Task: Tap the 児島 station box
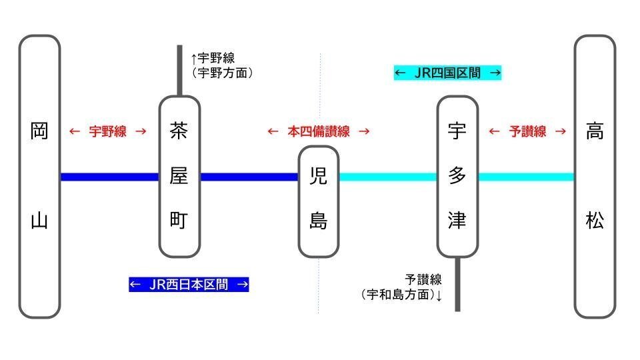click(x=318, y=201)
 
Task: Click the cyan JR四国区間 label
click(x=447, y=73)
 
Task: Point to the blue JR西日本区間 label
click(x=189, y=285)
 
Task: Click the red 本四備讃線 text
click(x=318, y=131)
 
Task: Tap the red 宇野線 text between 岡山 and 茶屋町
click(x=108, y=131)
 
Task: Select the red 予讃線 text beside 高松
click(x=527, y=131)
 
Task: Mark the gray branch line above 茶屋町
click(x=179, y=70)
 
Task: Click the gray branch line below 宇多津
click(x=457, y=284)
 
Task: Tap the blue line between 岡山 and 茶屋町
click(x=109, y=177)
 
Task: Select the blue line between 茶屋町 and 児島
click(x=249, y=177)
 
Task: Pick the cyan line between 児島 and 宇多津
click(x=387, y=177)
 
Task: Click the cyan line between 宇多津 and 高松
click(x=526, y=177)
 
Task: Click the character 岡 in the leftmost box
click(x=39, y=131)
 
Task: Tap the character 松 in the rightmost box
click(x=595, y=221)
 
